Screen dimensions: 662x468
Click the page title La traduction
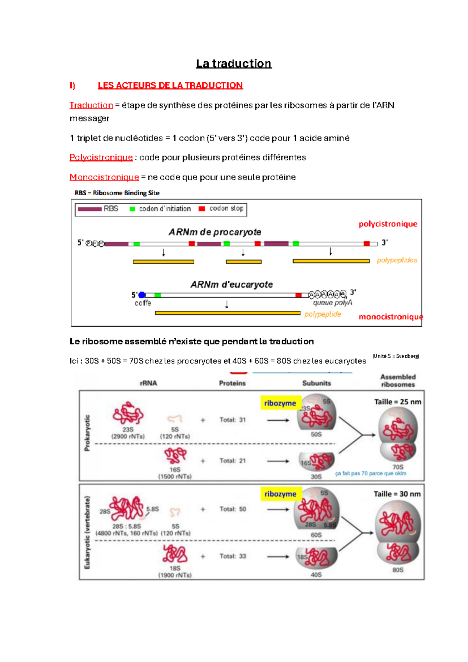234,64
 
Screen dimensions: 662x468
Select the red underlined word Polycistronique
101,157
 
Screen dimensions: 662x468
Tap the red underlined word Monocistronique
104,177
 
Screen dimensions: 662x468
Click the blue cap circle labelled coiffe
142,295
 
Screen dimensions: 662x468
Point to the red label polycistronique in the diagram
388,224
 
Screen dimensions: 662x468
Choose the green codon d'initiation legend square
133,209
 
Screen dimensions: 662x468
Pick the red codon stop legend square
202,209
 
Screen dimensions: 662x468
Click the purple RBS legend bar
90,209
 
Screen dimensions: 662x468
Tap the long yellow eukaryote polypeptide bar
228,313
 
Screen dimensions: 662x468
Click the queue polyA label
332,303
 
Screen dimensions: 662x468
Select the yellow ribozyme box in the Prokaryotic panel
280,403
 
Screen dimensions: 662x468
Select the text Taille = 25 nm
397,402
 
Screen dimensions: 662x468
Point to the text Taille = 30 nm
397,494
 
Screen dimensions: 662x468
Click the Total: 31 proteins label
232,420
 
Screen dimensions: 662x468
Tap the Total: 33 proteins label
232,556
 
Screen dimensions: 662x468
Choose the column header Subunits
316,383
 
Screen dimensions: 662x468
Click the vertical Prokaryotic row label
87,433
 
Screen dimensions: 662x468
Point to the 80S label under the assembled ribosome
398,570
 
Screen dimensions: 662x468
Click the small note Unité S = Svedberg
395,356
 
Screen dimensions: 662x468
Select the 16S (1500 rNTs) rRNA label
175,473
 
